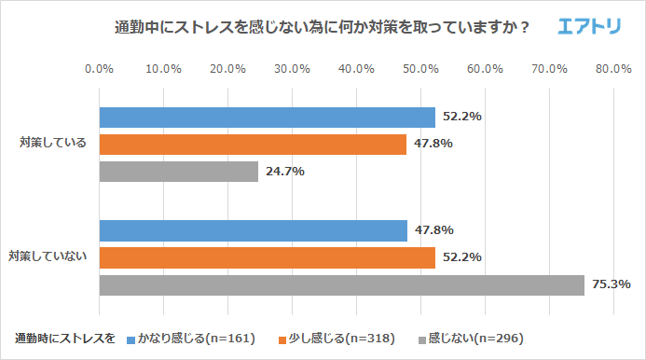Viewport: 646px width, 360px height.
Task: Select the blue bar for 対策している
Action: (x=267, y=117)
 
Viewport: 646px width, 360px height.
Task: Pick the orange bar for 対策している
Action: (x=253, y=145)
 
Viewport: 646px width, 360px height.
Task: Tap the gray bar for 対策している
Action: (x=178, y=172)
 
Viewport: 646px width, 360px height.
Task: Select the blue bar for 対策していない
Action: (x=253, y=230)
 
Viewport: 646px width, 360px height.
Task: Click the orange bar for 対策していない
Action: (x=267, y=257)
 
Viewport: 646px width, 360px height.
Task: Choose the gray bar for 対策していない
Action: (x=341, y=284)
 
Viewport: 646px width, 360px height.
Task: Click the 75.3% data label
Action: (x=612, y=284)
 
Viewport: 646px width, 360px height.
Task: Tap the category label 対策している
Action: (x=53, y=144)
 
